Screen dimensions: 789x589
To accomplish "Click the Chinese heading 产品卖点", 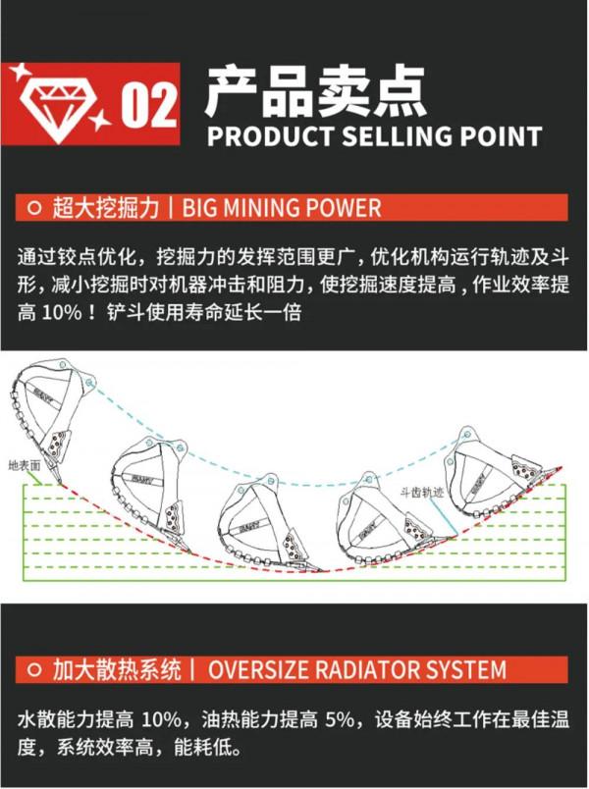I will (x=314, y=90).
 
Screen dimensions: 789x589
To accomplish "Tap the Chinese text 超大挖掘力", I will (x=108, y=208).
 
